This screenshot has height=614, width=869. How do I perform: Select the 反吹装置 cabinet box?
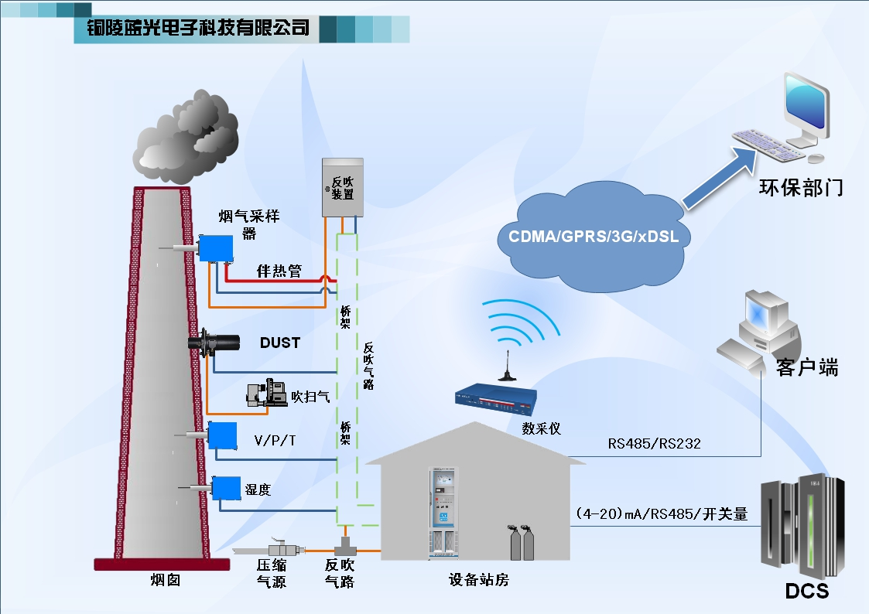coord(343,186)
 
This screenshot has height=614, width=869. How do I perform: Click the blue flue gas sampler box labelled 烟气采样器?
coord(215,247)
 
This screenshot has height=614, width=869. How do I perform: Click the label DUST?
coord(279,342)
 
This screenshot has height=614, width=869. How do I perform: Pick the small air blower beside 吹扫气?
coord(265,394)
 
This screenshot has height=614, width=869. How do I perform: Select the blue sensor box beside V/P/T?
coord(222,435)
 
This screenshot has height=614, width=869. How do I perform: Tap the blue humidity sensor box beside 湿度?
coord(226,488)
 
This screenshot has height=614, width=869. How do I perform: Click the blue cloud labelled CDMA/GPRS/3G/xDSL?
coord(593,237)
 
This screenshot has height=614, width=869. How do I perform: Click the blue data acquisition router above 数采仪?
coord(496,398)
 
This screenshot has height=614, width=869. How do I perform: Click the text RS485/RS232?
coord(654,443)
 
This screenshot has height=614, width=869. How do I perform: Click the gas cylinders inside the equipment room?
coord(522,543)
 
